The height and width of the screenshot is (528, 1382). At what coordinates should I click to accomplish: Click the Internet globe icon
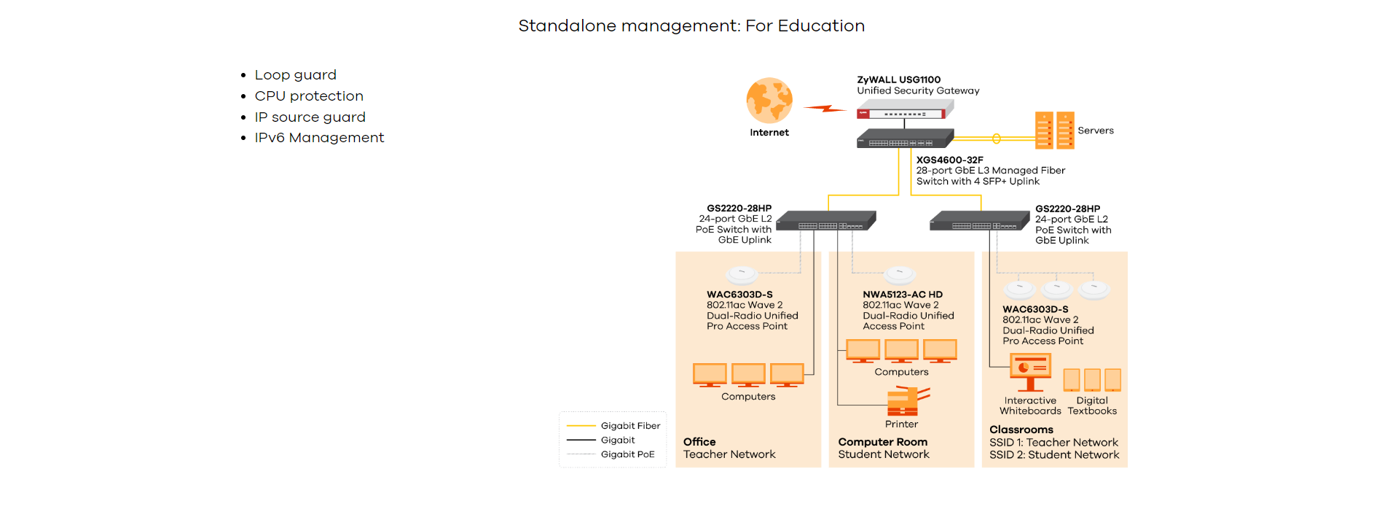(769, 101)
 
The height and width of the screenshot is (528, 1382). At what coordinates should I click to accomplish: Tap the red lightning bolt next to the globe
(825, 109)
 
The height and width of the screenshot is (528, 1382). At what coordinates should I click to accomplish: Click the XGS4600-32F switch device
(905, 139)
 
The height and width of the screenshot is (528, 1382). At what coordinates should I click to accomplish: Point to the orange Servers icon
(1054, 131)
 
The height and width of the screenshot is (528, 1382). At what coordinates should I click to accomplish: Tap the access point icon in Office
(742, 275)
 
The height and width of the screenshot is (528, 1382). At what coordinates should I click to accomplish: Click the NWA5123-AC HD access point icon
(899, 275)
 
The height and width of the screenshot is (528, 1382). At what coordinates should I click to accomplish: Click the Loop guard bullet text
(295, 75)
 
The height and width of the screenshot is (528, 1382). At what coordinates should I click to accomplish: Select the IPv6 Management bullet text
(319, 138)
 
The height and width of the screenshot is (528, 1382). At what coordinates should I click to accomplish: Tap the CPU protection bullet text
(309, 96)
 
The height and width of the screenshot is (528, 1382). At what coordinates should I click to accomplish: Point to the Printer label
(901, 424)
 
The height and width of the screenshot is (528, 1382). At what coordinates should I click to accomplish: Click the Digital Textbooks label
(1092, 405)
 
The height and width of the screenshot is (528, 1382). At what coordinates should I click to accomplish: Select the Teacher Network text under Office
(729, 454)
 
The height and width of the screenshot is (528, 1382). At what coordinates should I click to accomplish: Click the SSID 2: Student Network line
(1053, 455)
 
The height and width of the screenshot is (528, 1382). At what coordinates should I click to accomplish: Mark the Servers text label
(1096, 131)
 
